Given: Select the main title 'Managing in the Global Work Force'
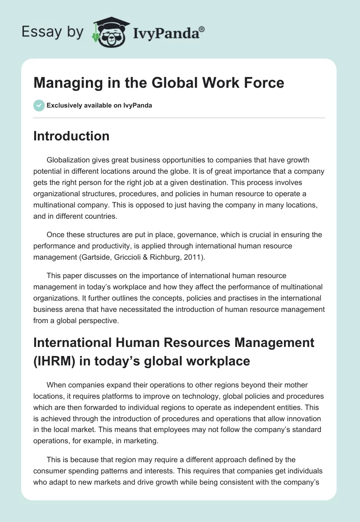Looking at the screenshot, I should pos(159,83).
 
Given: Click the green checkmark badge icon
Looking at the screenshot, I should pos(38,105).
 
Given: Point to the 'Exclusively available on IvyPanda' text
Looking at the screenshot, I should pos(99,105).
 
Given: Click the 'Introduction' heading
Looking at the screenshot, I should pos(71,136).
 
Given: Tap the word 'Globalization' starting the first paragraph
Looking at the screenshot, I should pos(68,160).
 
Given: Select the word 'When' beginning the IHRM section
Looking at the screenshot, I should pos(56,385).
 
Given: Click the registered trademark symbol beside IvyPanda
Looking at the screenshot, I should pos(202,29).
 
